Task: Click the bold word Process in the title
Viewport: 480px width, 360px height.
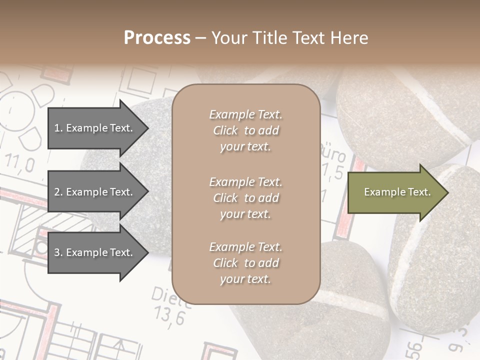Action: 157,38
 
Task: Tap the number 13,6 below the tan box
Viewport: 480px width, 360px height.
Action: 168,316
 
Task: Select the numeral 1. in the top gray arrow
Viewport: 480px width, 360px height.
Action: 58,128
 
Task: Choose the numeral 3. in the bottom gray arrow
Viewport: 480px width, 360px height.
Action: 58,252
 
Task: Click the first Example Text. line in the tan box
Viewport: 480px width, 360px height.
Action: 245,114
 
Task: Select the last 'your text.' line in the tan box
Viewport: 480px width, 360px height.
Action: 245,279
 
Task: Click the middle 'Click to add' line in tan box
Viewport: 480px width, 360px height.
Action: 245,198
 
